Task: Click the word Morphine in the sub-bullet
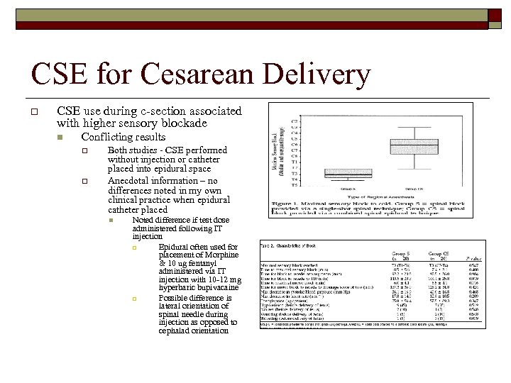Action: tap(219, 255)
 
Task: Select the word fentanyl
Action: tap(202, 264)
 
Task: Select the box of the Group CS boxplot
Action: tap(413, 147)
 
